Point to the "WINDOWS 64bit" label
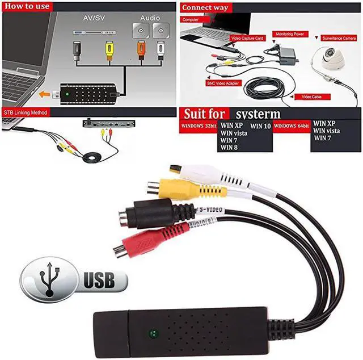point(292,124)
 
